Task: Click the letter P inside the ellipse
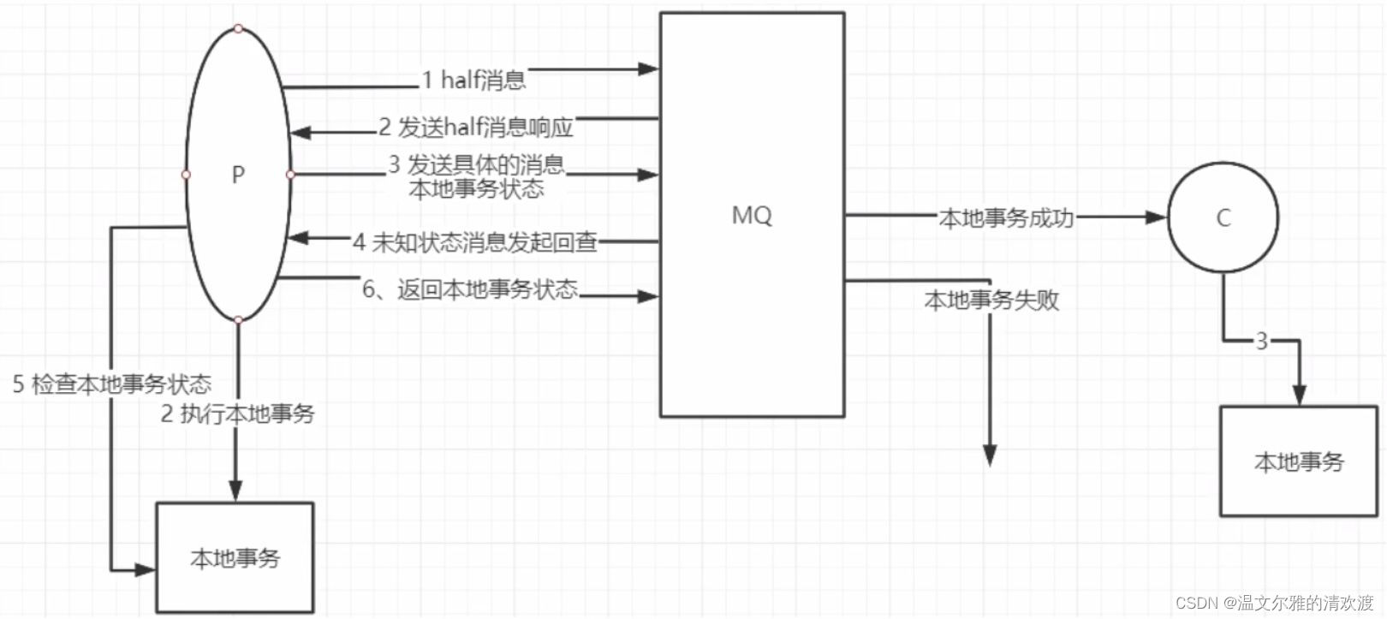tap(238, 175)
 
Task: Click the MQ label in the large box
tap(752, 215)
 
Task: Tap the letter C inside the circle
tap(1223, 218)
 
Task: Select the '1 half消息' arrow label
tap(473, 80)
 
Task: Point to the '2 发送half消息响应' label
tap(476, 128)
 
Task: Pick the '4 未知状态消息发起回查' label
tap(475, 242)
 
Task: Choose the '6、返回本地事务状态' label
tap(470, 289)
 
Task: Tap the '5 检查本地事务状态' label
tap(111, 384)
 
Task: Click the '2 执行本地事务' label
tap(238, 414)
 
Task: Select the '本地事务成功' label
tap(1006, 218)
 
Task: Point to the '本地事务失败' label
tap(991, 300)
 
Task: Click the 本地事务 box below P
tap(235, 557)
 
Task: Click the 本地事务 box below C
tap(1298, 461)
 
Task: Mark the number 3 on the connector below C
tap(1261, 342)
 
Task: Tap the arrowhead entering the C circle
tap(1157, 217)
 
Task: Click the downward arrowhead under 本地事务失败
tap(990, 455)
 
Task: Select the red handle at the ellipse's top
tap(238, 28)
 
